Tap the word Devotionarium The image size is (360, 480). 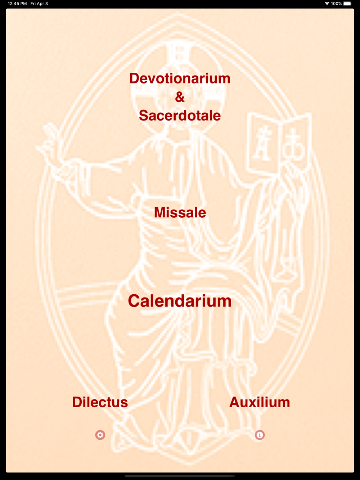(180, 78)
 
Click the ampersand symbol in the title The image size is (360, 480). (180, 97)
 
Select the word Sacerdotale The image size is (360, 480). (180, 116)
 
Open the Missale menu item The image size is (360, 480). (180, 212)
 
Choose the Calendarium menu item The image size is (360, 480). (180, 301)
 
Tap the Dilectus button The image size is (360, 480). (100, 402)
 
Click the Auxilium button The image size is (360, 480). (260, 402)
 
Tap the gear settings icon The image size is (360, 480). (100, 435)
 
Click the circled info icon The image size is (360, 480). (260, 435)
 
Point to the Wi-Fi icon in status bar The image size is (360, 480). (327, 4)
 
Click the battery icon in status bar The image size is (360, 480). (347, 4)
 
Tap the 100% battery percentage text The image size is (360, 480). (336, 4)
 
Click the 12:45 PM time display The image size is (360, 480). (17, 4)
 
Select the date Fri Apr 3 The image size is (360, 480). (39, 4)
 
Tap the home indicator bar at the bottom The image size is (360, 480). (180, 476)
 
